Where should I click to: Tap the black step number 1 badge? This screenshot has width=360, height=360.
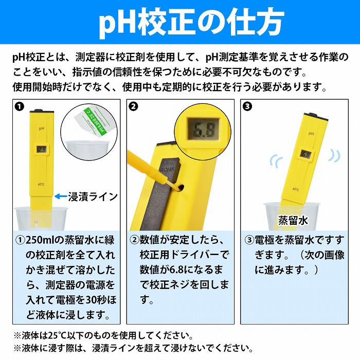[x=20, y=107]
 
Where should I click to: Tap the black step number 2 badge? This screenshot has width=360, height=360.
[x=134, y=107]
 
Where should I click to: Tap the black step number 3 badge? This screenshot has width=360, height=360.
[x=248, y=107]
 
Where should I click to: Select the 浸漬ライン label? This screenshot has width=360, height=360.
[x=93, y=196]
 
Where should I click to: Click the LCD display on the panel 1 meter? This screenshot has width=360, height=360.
[x=41, y=149]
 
